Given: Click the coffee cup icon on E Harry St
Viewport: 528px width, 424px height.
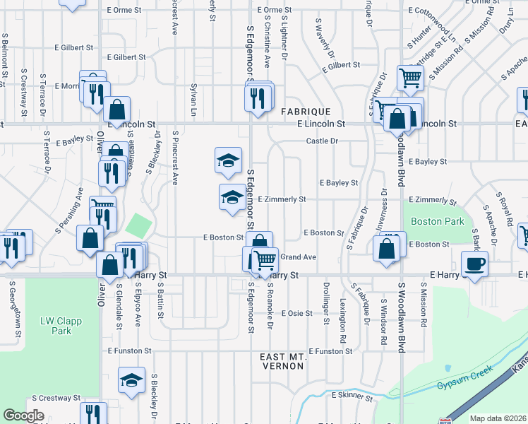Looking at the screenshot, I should click(474, 264).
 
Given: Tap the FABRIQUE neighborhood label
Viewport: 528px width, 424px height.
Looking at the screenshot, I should click(306, 112).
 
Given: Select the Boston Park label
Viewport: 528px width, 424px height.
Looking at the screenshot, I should click(438, 221).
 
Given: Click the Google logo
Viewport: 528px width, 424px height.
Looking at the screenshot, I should click(24, 416).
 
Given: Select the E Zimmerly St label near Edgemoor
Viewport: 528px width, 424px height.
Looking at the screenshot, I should click(281, 199).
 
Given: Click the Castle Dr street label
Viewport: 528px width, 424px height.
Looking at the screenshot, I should click(323, 141).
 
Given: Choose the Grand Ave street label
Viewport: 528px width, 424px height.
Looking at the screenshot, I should click(298, 257).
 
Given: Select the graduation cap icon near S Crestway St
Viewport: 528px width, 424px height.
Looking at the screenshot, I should click(131, 381).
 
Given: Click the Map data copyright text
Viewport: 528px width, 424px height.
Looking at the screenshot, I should click(498, 418).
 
